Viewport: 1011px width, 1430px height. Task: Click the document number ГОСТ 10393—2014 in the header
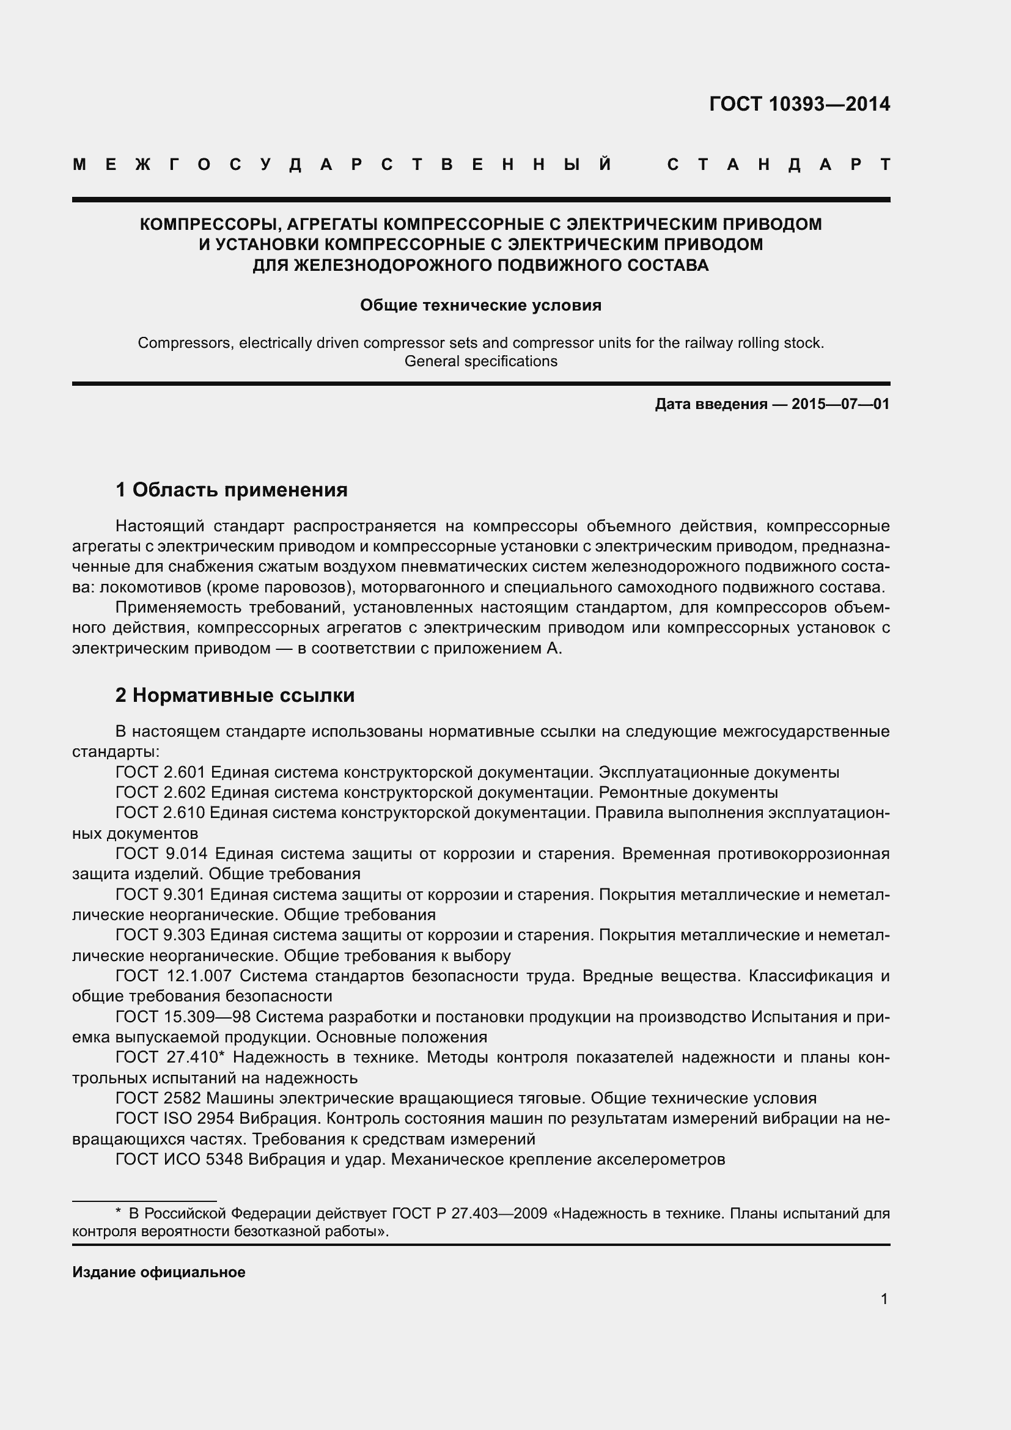[800, 104]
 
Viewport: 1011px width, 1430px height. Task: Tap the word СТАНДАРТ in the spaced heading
[778, 165]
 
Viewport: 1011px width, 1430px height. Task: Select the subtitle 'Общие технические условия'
[480, 305]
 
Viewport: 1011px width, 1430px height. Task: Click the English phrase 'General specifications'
[480, 361]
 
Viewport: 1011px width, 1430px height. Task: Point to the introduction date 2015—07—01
[840, 404]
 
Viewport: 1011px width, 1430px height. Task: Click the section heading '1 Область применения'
[231, 490]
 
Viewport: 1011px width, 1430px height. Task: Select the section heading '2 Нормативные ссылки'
[235, 696]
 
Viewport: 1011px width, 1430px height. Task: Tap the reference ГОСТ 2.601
[160, 772]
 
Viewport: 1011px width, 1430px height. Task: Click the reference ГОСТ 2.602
[160, 793]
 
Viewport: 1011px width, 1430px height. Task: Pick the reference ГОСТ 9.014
[161, 854]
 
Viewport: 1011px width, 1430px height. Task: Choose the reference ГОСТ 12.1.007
[174, 976]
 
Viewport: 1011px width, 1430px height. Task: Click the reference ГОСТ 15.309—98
[182, 1017]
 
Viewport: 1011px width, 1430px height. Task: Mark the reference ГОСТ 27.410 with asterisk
[170, 1058]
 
